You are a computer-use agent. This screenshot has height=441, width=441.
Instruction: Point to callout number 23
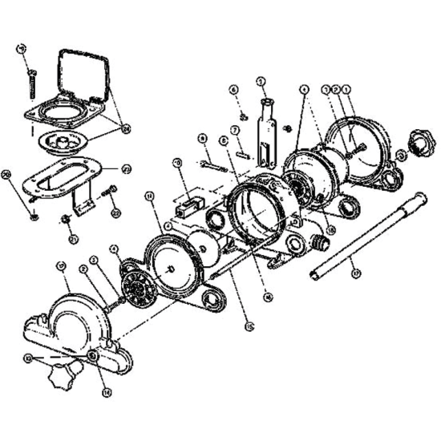click(x=126, y=169)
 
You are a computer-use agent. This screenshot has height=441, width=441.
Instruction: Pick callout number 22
click(x=115, y=213)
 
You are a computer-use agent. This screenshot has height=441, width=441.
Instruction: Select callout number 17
click(x=357, y=273)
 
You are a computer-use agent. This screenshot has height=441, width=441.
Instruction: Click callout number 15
click(x=249, y=326)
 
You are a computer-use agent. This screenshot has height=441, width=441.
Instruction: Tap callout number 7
click(x=236, y=130)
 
